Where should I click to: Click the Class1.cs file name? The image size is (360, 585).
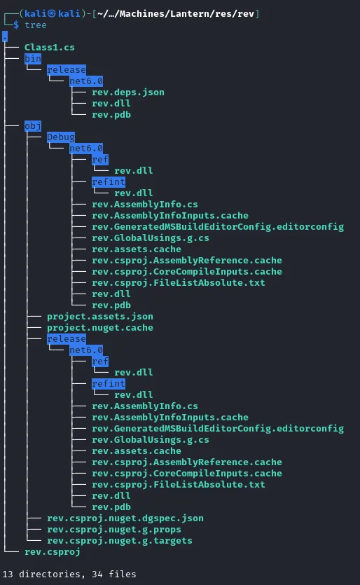tap(49, 48)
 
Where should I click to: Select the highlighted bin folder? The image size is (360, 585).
tap(33, 59)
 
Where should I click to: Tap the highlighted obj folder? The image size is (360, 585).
tap(33, 126)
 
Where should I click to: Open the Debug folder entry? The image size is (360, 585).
tap(61, 137)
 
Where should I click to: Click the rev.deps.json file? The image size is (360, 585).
tap(128, 92)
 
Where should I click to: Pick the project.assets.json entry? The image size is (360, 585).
tap(100, 317)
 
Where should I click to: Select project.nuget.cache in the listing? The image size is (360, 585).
tap(100, 328)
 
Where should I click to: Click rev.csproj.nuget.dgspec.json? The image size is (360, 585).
tap(125, 518)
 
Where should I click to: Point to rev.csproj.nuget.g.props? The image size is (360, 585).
tap(113, 530)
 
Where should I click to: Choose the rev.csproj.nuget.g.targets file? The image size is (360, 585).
tap(119, 541)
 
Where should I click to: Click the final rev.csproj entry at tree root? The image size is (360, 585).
tap(53, 552)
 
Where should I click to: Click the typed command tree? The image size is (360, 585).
tap(36, 25)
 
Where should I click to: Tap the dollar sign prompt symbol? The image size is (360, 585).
tap(16, 25)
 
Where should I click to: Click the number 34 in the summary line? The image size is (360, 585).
tap(97, 574)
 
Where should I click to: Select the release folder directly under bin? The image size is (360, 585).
tap(67, 70)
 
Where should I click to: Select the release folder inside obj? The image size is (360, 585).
tap(67, 339)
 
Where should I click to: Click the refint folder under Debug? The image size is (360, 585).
tap(109, 182)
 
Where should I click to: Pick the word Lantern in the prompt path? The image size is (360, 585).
tap(184, 14)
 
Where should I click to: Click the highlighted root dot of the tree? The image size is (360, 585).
tap(5, 36)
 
